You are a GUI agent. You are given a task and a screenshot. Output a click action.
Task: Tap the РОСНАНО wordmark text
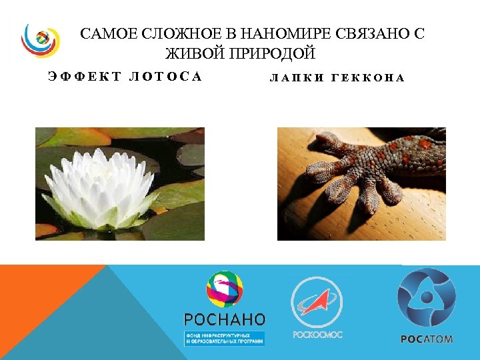[x=225, y=319]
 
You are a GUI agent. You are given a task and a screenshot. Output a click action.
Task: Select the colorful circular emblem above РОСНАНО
[x=225, y=289]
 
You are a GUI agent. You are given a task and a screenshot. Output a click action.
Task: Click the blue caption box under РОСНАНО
[x=225, y=337]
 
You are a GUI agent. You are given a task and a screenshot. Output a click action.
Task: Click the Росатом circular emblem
[x=426, y=297]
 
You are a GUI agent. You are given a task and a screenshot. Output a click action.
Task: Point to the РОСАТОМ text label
[x=427, y=339]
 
